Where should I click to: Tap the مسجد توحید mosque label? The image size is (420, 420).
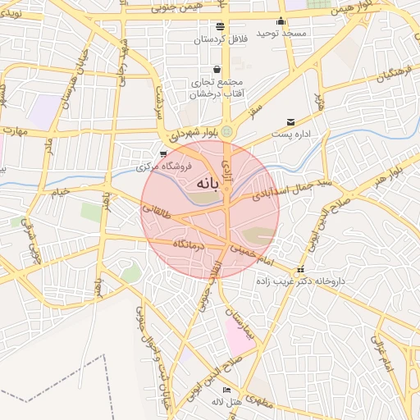point(281,32)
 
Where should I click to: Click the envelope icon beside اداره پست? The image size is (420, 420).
point(290,122)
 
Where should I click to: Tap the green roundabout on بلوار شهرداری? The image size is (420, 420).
point(227,132)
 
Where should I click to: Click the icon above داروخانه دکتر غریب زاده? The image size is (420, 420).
point(301,270)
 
